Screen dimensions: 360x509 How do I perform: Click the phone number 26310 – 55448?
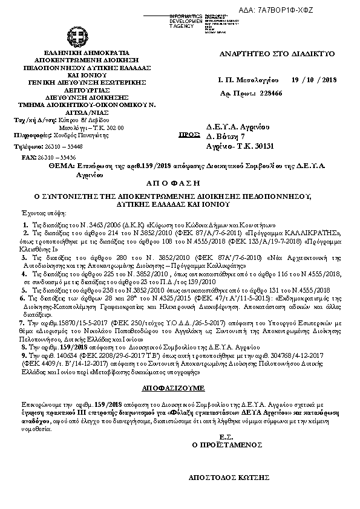point(61,146)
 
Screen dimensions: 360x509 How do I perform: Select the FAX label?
point(29,157)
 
